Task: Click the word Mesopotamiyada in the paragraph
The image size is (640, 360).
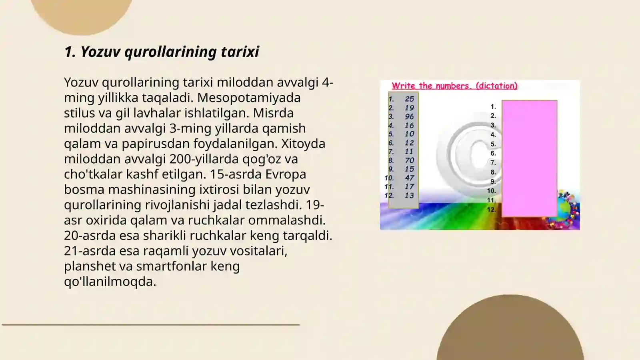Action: (249, 98)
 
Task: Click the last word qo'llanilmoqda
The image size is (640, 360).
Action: (110, 281)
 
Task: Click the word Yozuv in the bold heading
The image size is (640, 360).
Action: (100, 52)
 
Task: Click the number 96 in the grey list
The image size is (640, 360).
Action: (409, 116)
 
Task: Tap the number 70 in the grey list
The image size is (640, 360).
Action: (409, 160)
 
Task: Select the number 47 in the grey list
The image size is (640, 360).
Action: (409, 178)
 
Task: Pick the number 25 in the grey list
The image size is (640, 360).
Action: (409, 99)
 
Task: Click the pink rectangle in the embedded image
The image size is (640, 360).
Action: (529, 158)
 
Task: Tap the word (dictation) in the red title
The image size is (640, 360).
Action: (496, 86)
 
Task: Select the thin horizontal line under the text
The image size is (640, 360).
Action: (151, 324)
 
